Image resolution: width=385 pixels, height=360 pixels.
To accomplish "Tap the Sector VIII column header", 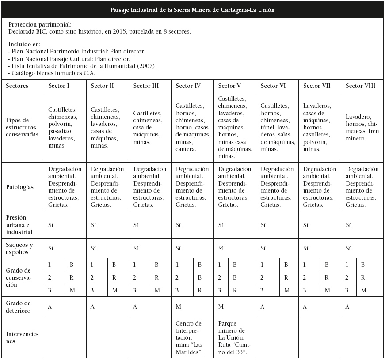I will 360,86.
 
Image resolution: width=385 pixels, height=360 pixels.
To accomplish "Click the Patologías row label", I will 19,187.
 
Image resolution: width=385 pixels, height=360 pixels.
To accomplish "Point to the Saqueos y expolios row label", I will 19,248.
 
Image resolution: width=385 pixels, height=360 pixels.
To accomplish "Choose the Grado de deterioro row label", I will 18,307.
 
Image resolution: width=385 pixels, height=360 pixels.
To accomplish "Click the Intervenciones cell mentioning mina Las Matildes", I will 189,337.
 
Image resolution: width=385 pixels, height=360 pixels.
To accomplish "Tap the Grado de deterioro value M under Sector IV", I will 178,307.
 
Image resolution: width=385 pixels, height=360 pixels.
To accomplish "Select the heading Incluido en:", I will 25,44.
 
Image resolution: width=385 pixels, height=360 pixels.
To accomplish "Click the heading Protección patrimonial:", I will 40,25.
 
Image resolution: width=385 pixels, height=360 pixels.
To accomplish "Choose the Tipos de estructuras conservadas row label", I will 22,127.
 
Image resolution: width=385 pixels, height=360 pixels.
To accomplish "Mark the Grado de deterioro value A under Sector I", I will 50,307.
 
